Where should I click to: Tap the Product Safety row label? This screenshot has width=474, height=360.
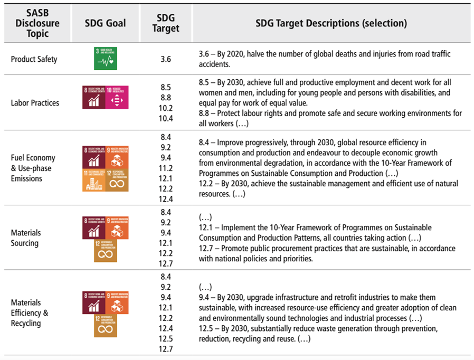[34, 59]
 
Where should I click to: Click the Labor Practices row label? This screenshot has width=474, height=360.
[35, 103]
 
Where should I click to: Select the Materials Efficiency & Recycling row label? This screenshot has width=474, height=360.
[30, 312]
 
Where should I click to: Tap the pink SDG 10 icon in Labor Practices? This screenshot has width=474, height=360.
[117, 97]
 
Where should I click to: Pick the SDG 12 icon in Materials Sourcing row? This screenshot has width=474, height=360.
[106, 250]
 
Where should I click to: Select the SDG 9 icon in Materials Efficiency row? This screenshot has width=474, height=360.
[117, 302]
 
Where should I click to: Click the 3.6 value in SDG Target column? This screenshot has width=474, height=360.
[166, 59]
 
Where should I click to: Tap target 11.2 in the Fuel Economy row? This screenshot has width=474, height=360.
[166, 168]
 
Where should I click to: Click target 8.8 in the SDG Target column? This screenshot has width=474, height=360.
[166, 98]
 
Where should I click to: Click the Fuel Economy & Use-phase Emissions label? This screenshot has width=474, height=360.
[33, 168]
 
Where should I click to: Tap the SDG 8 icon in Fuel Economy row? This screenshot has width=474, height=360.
[93, 157]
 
